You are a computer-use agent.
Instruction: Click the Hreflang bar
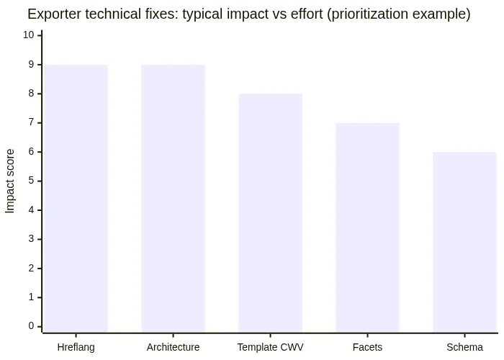point(76,198)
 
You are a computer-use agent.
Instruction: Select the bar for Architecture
point(173,198)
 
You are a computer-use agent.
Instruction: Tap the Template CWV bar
point(270,212)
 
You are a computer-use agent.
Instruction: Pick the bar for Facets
point(367,227)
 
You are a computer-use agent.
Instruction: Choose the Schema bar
point(464,241)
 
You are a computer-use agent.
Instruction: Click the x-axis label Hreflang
point(76,347)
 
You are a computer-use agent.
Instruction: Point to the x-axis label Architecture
point(173,347)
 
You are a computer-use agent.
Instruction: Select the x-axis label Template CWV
point(270,347)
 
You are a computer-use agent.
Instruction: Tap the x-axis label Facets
point(367,347)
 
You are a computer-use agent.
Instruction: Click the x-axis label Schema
point(464,347)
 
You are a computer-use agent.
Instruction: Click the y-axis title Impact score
point(10,181)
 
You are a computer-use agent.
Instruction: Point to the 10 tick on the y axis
point(29,35)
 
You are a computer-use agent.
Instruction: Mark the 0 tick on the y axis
point(31,326)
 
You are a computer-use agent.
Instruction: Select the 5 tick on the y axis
point(31,181)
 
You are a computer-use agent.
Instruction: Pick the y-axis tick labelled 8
point(31,94)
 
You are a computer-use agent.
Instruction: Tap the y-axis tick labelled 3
point(31,239)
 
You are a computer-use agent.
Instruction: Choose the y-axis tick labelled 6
point(31,152)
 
